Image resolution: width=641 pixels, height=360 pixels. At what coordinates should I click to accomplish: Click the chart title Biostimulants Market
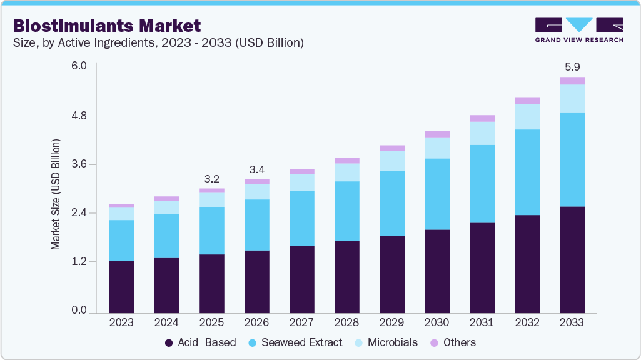[x=107, y=26]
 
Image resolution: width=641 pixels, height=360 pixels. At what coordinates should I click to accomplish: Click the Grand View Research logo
[x=578, y=29]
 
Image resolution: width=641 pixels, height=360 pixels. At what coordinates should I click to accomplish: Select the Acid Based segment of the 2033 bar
[x=572, y=259]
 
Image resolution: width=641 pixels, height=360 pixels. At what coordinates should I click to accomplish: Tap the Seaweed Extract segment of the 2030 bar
[x=437, y=194]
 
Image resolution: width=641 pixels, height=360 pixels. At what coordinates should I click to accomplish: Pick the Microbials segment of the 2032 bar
[x=527, y=117]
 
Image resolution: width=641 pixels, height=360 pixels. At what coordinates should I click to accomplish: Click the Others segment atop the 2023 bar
[x=121, y=206]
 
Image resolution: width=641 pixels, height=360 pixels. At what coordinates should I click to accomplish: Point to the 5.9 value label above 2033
[x=572, y=66]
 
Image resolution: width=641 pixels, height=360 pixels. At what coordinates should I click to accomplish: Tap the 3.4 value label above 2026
[x=256, y=169]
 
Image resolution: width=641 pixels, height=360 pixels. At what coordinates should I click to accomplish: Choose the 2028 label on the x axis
[x=346, y=323]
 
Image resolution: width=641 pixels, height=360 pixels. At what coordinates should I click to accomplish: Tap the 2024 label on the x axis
[x=166, y=323]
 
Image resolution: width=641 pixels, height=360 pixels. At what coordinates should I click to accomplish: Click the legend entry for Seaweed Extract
[x=301, y=342]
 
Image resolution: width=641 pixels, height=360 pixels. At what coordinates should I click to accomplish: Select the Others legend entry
[x=459, y=342]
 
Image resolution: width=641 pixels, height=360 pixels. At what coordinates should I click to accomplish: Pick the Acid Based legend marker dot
[x=169, y=342]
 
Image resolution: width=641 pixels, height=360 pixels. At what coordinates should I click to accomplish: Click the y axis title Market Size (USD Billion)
[x=56, y=195]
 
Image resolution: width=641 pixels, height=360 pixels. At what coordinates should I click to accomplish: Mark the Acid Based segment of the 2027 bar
[x=301, y=279]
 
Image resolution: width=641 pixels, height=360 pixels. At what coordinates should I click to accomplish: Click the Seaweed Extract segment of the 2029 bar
[x=391, y=203]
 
